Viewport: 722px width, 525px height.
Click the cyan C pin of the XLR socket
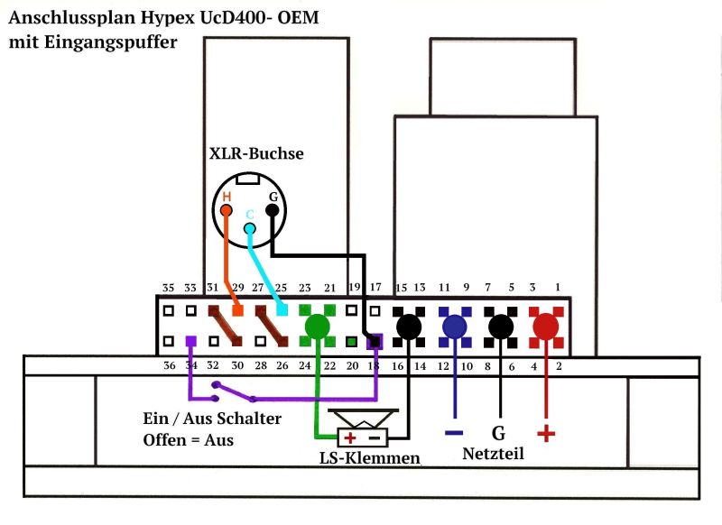coord(249,227)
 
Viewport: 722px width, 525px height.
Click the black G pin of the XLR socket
coord(271,209)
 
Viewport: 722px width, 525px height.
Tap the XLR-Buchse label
coord(256,153)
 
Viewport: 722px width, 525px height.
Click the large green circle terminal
coord(317,326)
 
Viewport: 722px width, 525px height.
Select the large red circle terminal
coord(545,326)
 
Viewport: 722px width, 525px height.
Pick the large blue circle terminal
coord(455,326)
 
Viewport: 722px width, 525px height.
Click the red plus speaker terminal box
coord(349,438)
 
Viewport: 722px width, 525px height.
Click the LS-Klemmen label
coord(370,458)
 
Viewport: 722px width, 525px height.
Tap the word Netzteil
coord(493,453)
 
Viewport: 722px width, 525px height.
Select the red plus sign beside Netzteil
coord(545,435)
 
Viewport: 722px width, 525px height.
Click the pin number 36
coord(168,366)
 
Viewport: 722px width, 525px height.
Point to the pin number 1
coord(557,287)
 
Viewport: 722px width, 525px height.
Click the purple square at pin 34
coord(190,342)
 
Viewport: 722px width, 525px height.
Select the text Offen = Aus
coord(188,440)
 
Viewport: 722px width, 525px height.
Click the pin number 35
coord(168,288)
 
